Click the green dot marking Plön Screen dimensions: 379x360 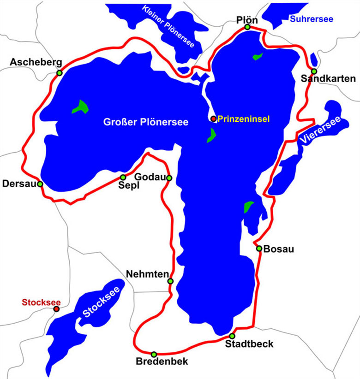[x=247, y=27]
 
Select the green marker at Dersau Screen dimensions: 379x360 [x=40, y=184]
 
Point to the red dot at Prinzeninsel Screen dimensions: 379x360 [x=213, y=118]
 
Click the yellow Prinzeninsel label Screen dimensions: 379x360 [x=243, y=118]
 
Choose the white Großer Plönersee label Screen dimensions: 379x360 [x=145, y=123]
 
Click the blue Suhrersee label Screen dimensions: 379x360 [x=311, y=19]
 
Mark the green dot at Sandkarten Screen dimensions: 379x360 [x=314, y=71]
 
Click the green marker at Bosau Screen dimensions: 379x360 [x=259, y=249]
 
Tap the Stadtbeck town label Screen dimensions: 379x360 [x=249, y=344]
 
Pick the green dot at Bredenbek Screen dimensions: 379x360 [x=154, y=354]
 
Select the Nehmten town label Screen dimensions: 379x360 [x=147, y=274]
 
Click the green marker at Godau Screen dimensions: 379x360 [x=169, y=178]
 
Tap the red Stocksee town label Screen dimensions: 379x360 [x=41, y=302]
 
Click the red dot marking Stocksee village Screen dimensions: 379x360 [x=56, y=309]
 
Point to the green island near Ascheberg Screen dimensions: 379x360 [x=81, y=107]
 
